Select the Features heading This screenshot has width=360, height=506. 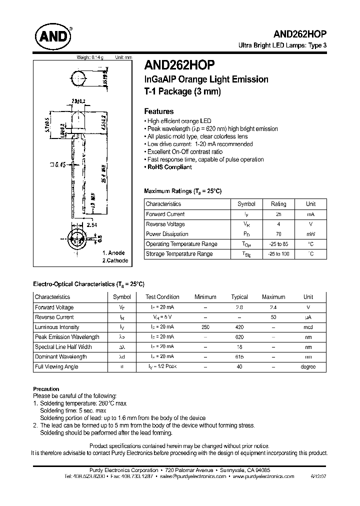[159, 111]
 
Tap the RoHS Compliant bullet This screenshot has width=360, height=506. [169, 167]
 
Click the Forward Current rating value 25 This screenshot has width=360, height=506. [278, 214]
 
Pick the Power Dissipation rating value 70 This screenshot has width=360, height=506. [278, 234]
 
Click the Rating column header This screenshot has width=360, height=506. [278, 204]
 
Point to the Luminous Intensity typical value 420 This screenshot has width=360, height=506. [239, 327]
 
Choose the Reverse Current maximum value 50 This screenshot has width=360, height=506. [273, 317]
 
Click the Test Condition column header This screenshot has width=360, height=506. [162, 297]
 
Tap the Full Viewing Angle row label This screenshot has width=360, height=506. [56, 366]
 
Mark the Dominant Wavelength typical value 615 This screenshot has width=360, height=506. [239, 356]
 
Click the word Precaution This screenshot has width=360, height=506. [46, 388]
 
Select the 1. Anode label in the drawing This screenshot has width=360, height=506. [113, 253]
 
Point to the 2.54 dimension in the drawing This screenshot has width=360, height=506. [91, 226]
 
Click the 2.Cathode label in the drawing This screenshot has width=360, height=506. [115, 261]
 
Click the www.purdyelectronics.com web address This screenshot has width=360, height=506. [263, 476]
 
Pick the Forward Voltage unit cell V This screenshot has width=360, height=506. [308, 307]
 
